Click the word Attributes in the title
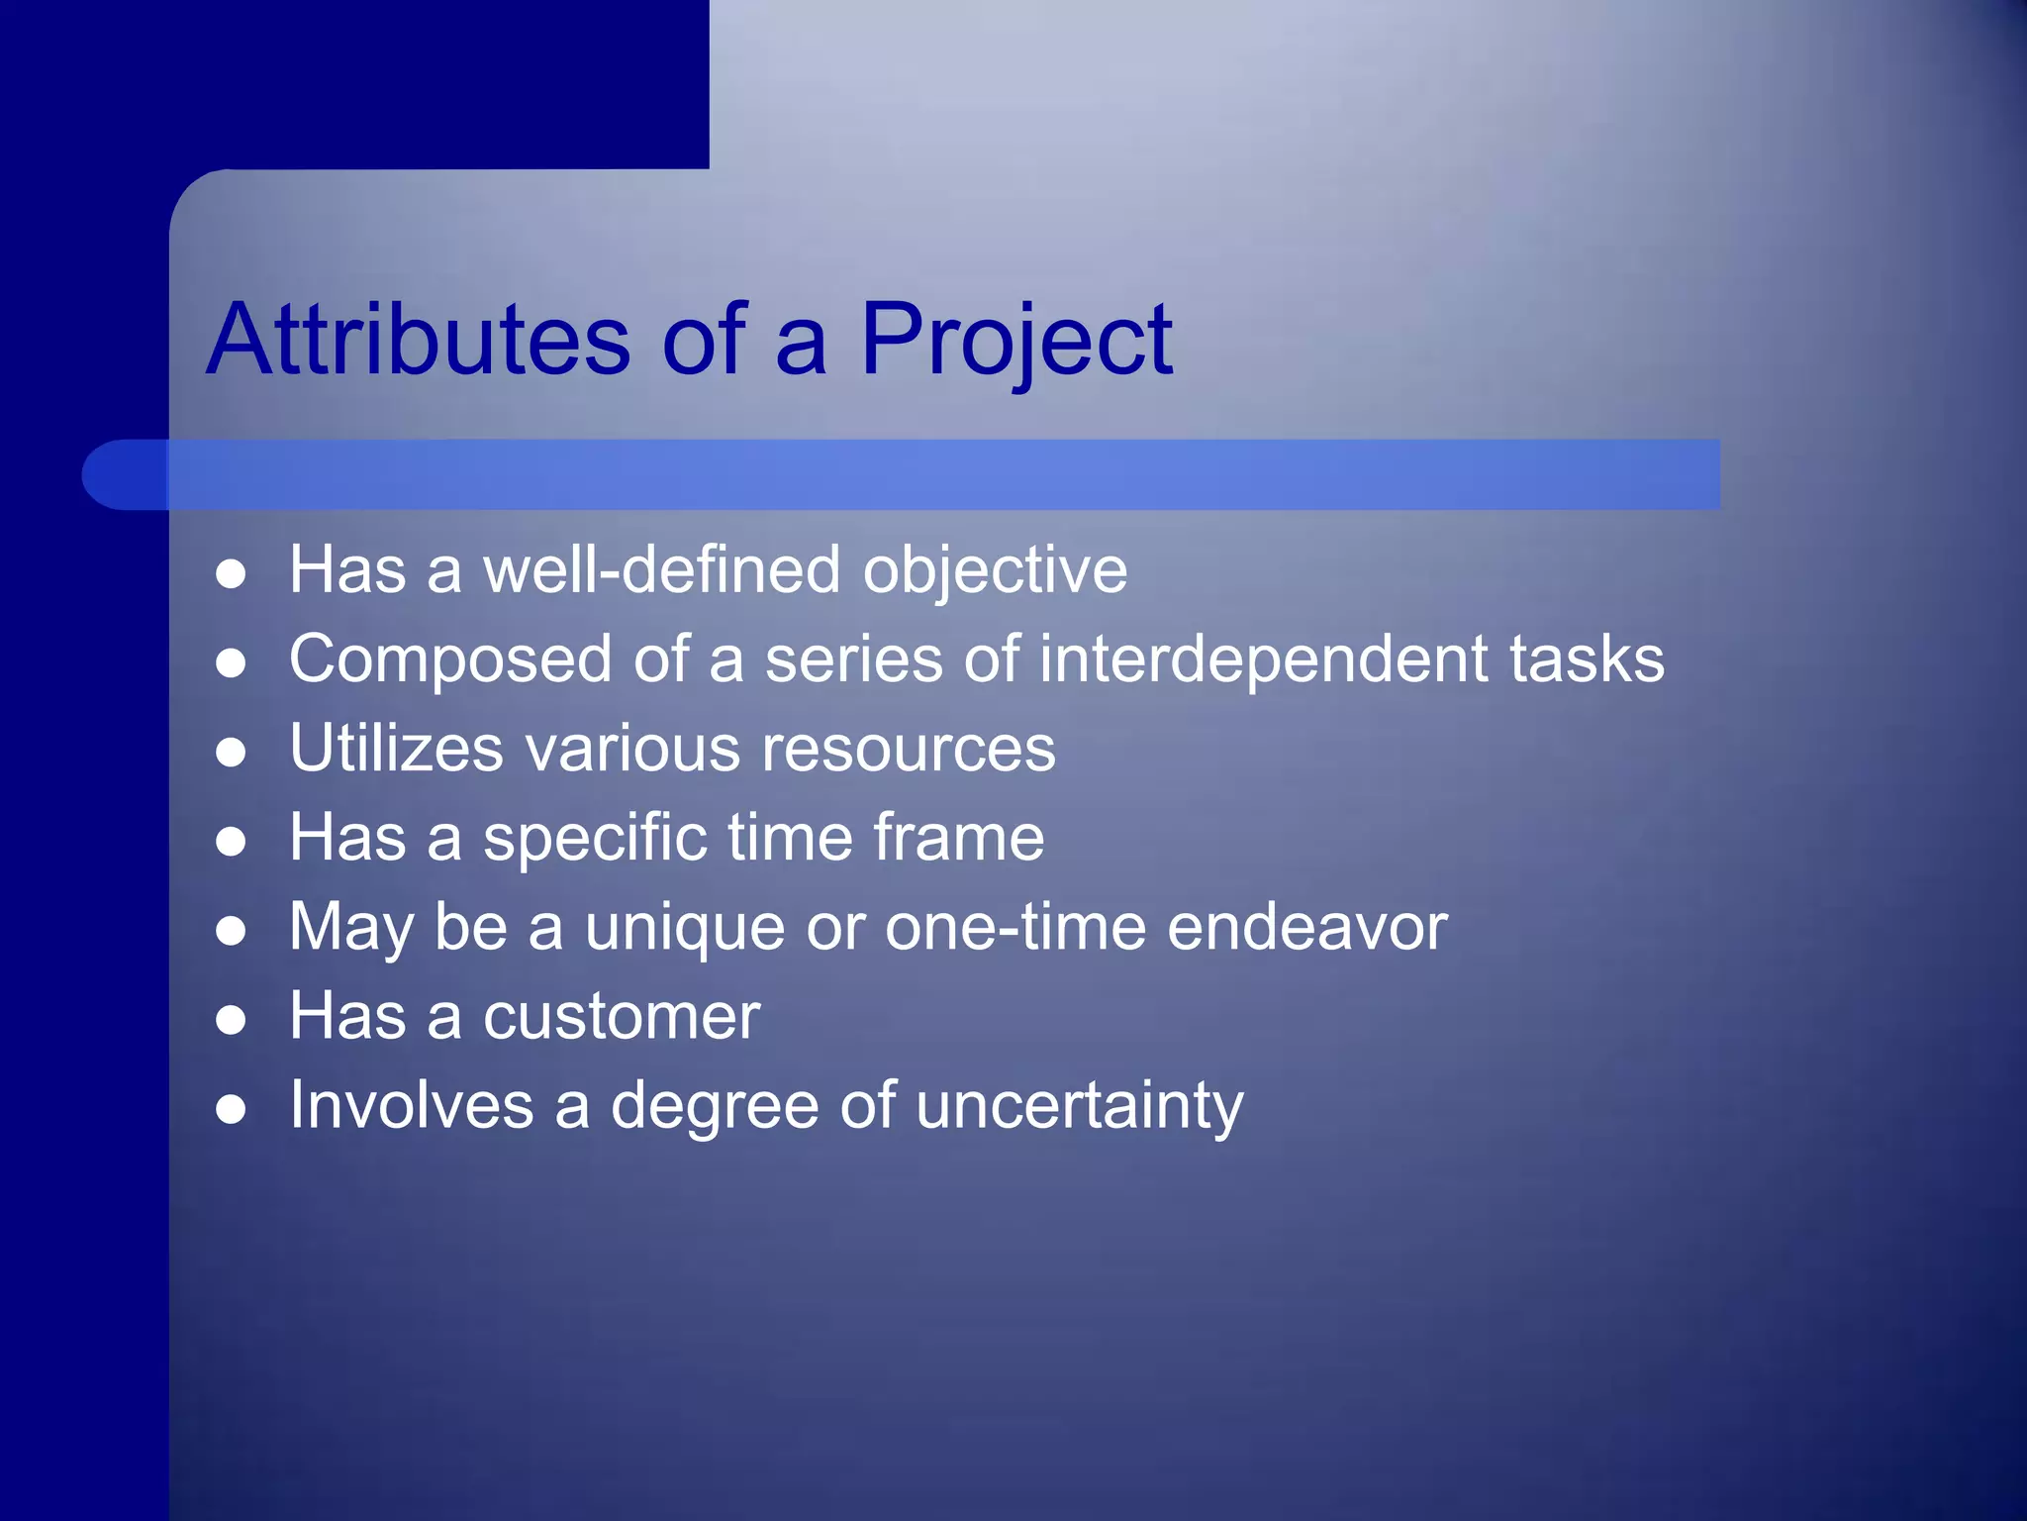(419, 340)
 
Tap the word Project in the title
(1016, 340)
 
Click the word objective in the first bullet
(995, 570)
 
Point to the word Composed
(451, 659)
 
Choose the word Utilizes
(396, 749)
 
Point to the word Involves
(411, 1106)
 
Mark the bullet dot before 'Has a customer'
(231, 1020)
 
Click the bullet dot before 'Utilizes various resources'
(231, 753)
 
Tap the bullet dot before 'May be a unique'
(231, 931)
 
